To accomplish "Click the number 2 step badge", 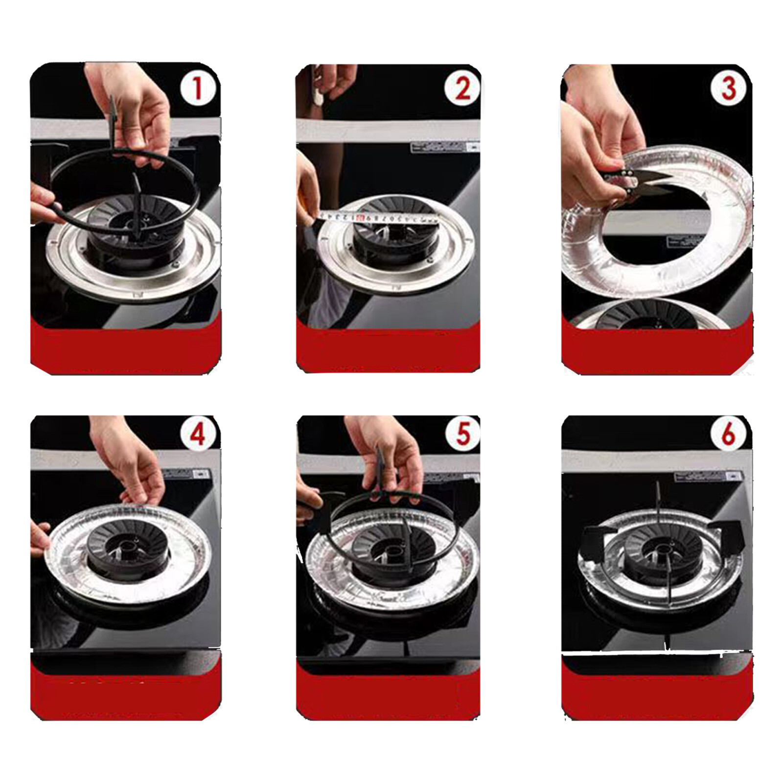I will tap(462, 89).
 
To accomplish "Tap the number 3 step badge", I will tap(728, 89).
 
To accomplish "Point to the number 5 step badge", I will tap(462, 434).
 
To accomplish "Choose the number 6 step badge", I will tap(728, 434).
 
